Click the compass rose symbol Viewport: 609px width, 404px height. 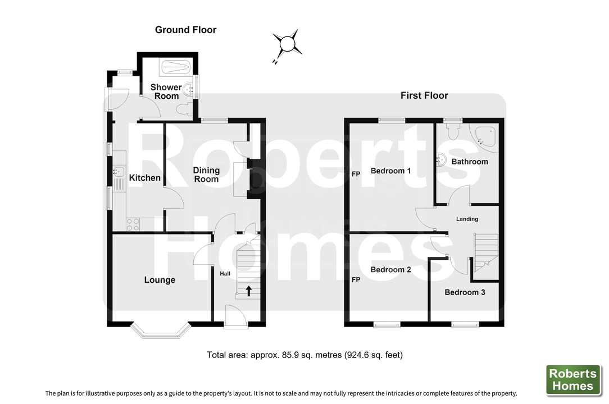pos(288,43)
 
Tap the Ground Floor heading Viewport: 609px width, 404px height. pos(185,30)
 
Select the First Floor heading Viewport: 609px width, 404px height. pos(424,95)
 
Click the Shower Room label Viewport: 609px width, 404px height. pos(166,91)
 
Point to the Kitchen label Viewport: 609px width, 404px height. pos(144,178)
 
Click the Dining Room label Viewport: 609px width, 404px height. pos(206,175)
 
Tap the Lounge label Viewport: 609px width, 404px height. pos(160,280)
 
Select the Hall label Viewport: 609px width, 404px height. pos(225,274)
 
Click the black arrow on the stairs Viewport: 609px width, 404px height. pos(248,291)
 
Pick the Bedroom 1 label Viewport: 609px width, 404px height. pos(390,171)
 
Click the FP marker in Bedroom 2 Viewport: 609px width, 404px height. pos(356,280)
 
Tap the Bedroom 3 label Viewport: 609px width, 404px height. pos(465,292)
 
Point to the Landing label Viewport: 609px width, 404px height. pos(467,219)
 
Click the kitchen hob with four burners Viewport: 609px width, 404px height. pos(133,224)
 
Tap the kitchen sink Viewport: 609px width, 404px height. pos(119,171)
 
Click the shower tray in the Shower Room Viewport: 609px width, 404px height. pos(175,67)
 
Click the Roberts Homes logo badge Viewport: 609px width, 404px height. pos(573,380)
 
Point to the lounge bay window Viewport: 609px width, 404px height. pos(161,330)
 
